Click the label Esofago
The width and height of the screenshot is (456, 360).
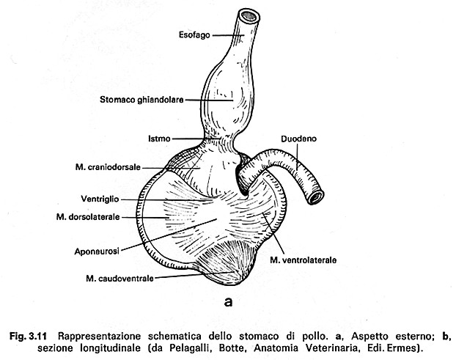coord(194,35)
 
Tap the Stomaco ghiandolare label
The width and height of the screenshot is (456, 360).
coord(141,100)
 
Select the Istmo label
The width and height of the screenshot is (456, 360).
coord(159,139)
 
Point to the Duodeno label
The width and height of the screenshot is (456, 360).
coord(298,139)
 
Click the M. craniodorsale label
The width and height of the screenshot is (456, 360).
coord(108,167)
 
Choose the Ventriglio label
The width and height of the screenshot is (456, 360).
coord(100,199)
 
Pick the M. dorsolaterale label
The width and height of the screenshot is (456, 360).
coord(88,217)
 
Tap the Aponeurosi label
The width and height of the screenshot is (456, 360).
coord(97,251)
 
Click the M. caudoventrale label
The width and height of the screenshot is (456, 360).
coord(119,279)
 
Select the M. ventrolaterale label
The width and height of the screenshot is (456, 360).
coord(303,260)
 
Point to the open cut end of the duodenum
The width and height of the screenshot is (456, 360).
coord(316,197)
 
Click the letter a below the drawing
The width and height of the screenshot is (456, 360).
coord(228,302)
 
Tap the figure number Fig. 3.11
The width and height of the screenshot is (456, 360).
coord(28,336)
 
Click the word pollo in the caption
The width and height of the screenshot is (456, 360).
coord(314,336)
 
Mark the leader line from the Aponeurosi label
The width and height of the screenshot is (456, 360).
coord(169,235)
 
